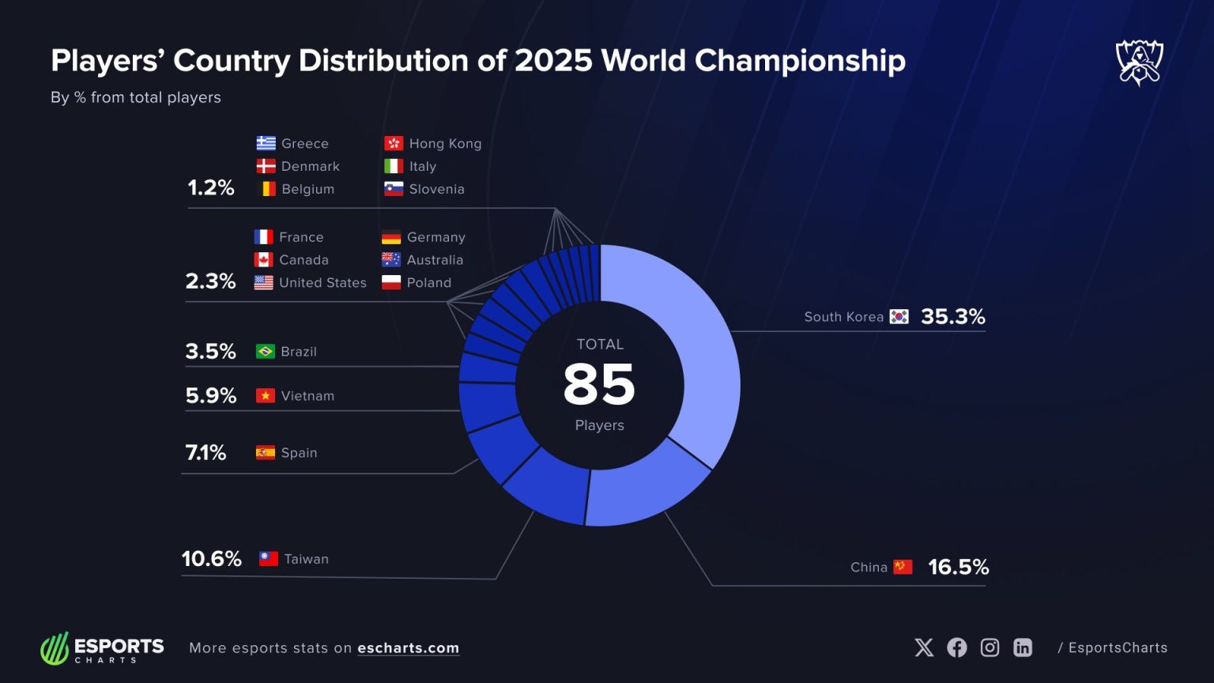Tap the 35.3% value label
[952, 317]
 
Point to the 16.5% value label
[958, 567]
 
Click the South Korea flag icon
[899, 317]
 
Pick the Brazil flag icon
[266, 352]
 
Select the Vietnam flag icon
[266, 396]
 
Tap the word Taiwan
[306, 559]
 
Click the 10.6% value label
[211, 559]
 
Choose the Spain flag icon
[266, 453]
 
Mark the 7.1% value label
[205, 453]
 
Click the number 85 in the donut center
[599, 385]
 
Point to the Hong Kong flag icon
[394, 144]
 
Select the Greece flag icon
[266, 144]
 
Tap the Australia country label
[435, 260]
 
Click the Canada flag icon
[263, 260]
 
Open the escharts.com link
[408, 648]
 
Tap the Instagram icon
[990, 648]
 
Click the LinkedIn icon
[1023, 648]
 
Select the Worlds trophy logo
[1139, 62]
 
